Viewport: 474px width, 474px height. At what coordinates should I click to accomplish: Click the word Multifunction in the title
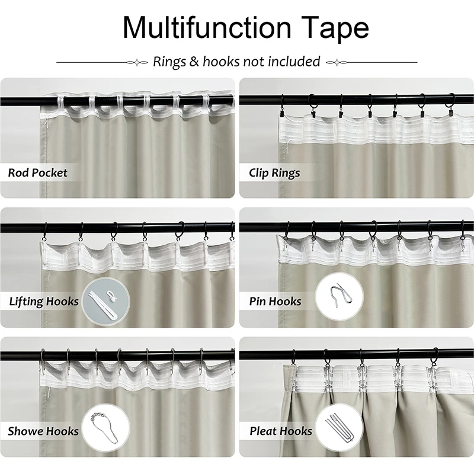tap(207, 27)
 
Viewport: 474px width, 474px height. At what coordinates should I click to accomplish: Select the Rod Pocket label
tap(37, 172)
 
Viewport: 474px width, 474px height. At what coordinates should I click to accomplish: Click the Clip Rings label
tap(274, 173)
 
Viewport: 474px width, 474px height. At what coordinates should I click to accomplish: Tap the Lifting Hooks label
tap(44, 302)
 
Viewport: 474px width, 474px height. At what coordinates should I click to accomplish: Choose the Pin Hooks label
tap(275, 302)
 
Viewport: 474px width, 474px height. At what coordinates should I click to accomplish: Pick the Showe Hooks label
tap(43, 431)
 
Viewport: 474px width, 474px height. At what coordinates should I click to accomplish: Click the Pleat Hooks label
tap(281, 431)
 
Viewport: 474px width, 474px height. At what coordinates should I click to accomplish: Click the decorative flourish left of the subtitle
tap(137, 63)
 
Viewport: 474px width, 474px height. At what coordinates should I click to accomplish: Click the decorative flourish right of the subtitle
tap(337, 63)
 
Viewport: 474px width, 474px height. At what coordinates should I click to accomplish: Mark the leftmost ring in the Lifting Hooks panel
tap(46, 232)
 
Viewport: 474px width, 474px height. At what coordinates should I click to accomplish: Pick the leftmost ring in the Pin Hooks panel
tap(286, 230)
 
